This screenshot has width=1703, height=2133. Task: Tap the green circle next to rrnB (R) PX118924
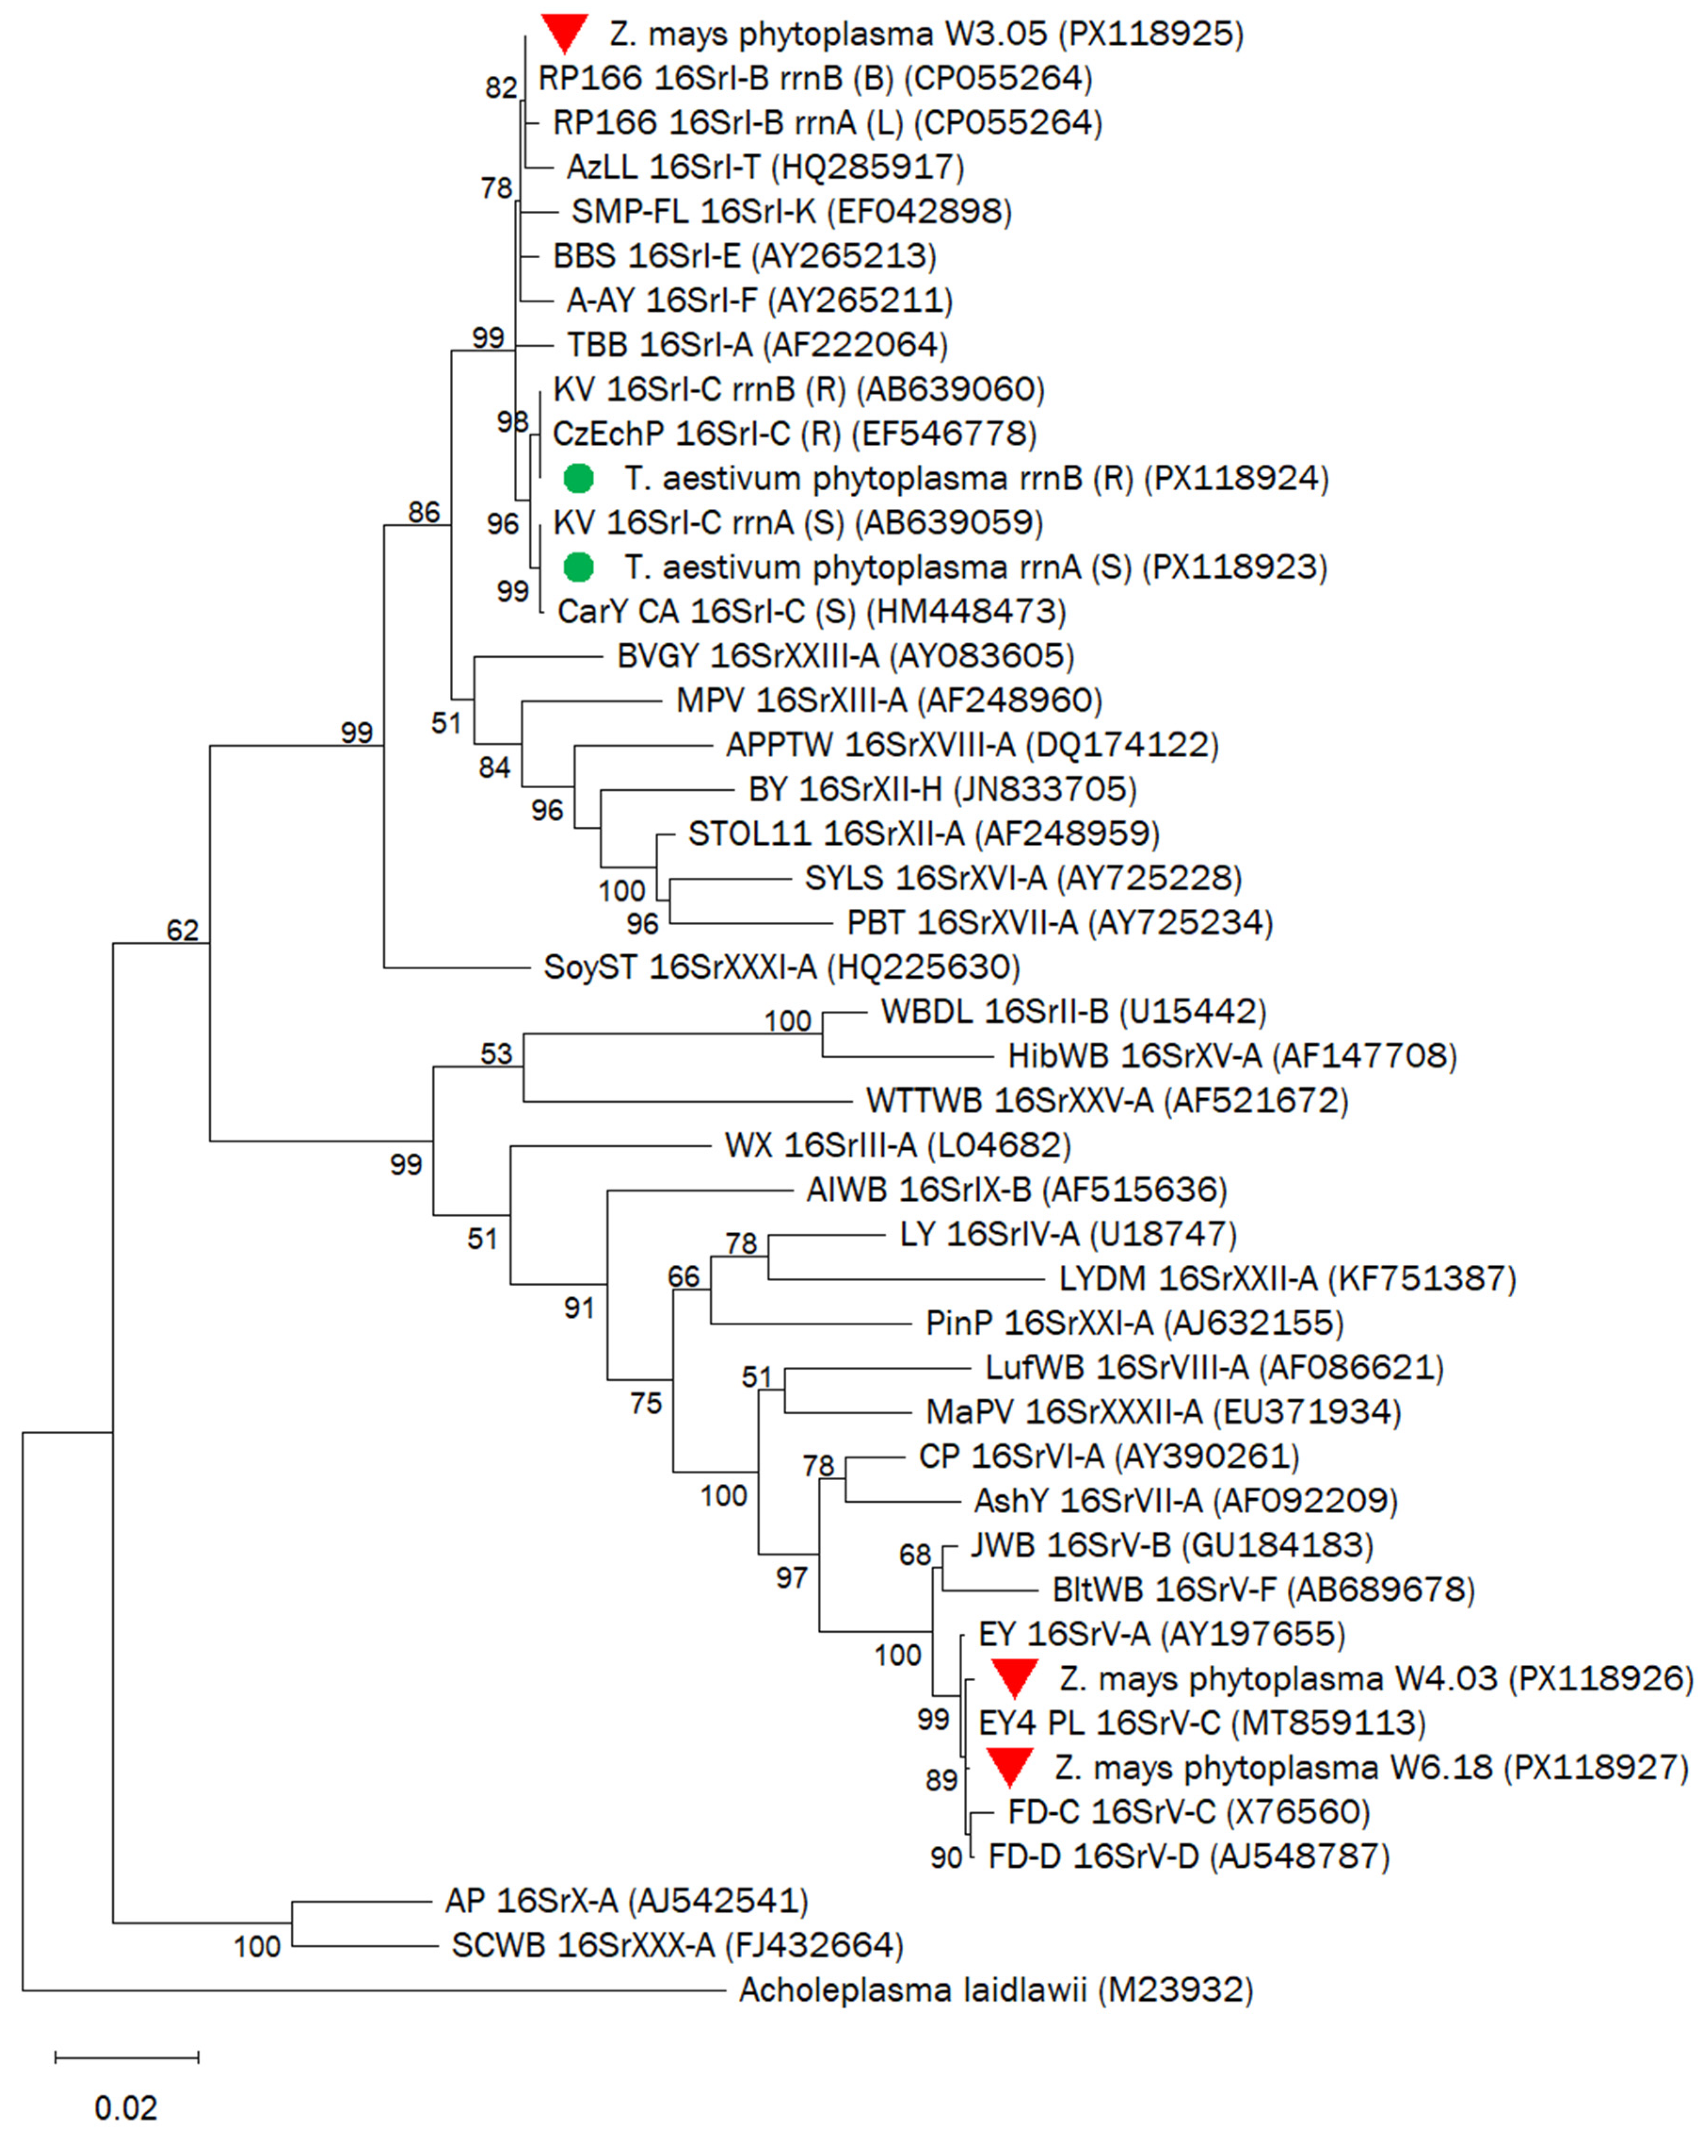(578, 479)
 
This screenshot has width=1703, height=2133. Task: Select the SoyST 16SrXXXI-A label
(781, 967)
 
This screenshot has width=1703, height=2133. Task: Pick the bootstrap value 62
(182, 930)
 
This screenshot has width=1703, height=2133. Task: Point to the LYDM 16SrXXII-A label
(1287, 1278)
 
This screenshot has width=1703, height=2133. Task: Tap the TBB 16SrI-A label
(757, 344)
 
